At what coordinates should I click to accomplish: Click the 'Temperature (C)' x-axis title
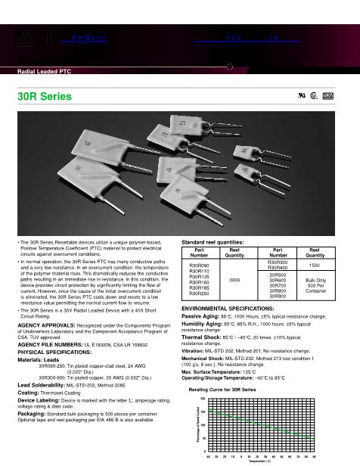[262, 461]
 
